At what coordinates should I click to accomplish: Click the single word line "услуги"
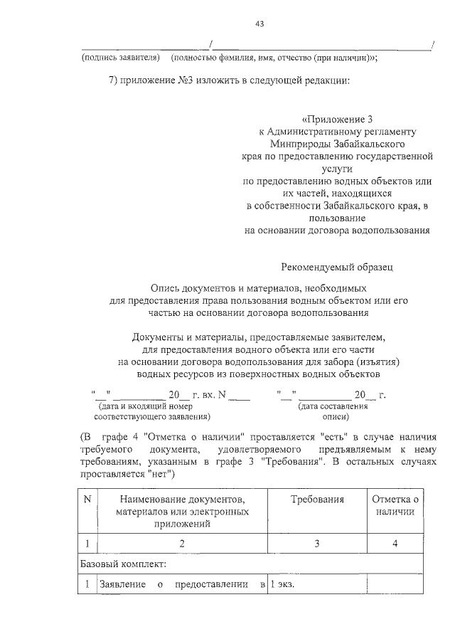[x=337, y=171]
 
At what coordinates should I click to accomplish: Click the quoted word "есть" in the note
[x=336, y=436]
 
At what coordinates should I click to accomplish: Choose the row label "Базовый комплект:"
[x=122, y=564]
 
